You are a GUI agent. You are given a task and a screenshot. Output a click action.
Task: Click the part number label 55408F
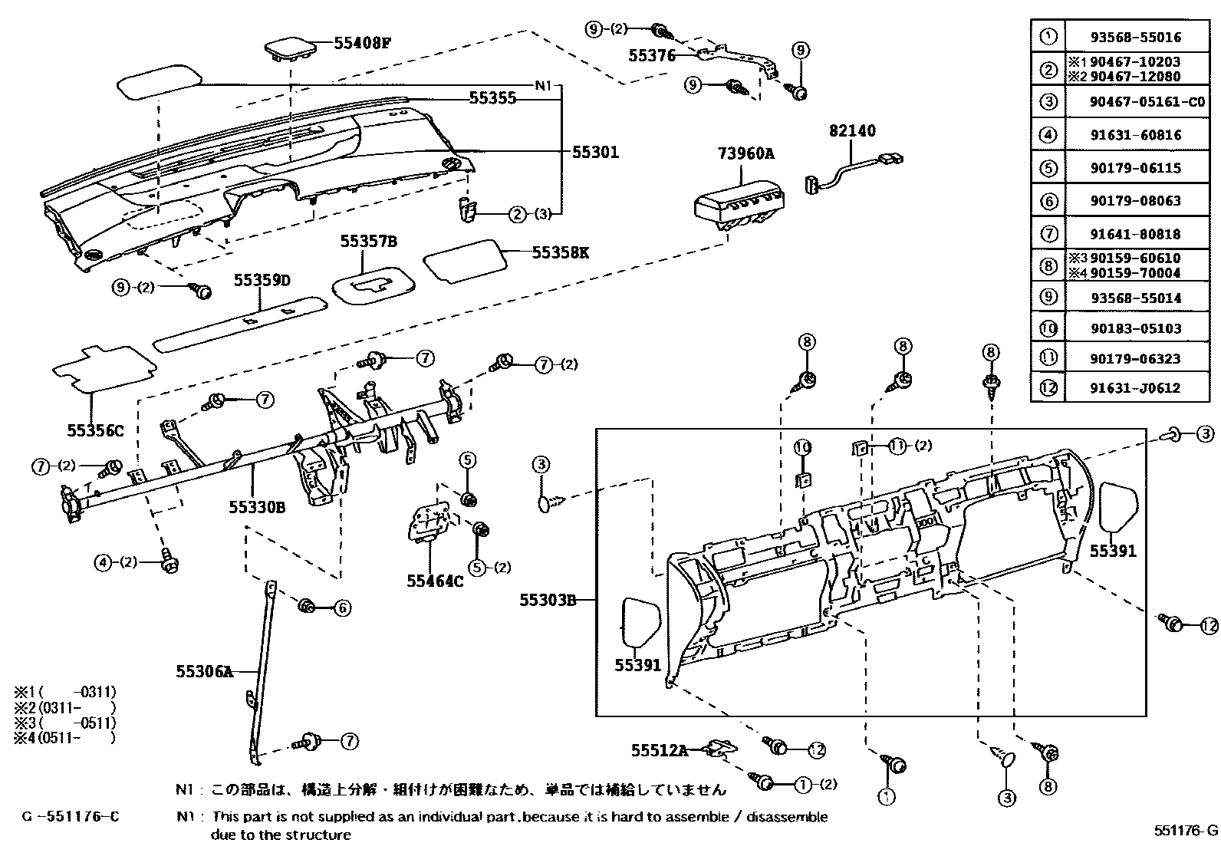(362, 44)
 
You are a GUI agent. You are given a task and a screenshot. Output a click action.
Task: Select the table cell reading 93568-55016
(1135, 37)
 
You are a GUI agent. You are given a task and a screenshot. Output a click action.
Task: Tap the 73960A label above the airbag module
(746, 153)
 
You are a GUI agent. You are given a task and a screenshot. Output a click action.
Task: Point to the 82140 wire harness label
(851, 131)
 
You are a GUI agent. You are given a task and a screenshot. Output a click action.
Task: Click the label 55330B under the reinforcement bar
(257, 507)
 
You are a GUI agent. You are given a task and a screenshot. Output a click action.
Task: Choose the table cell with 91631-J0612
(1135, 388)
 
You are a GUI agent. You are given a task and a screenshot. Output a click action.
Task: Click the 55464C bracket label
(435, 581)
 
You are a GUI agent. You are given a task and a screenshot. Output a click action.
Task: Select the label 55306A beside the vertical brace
(204, 672)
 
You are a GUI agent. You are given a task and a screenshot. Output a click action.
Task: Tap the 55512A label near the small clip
(660, 750)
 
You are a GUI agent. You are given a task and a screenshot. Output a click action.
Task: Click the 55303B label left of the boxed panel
(547, 600)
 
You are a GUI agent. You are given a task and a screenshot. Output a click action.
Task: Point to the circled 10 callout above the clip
(802, 447)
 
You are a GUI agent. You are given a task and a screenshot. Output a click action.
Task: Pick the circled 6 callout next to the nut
(342, 608)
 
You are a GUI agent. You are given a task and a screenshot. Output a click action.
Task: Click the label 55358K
(561, 252)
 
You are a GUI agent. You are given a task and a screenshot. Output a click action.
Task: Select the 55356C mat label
(95, 431)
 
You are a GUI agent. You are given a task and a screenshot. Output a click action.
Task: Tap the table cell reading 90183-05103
(1135, 328)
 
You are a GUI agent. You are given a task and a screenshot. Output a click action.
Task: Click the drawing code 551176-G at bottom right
(1186, 830)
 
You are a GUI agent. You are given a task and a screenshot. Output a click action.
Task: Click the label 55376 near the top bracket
(652, 55)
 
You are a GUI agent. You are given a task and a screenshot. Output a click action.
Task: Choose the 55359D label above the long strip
(262, 281)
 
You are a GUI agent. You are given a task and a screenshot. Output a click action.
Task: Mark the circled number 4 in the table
(1048, 135)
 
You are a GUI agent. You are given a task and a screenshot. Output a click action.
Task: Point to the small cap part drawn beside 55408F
(289, 48)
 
